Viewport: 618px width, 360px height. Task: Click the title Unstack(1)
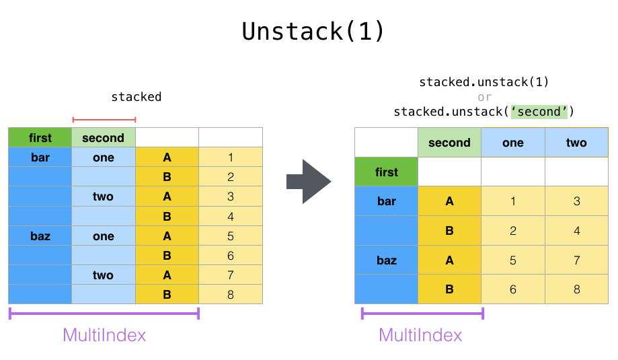pyautogui.click(x=313, y=32)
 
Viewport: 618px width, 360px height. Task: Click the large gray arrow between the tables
pyautogui.click(x=309, y=181)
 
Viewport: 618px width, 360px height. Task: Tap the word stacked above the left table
pyautogui.click(x=137, y=97)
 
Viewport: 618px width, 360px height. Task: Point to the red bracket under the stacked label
pyautogui.click(x=104, y=120)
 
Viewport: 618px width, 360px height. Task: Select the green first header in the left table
pyautogui.click(x=40, y=138)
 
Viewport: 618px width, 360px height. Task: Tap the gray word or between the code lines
pyautogui.click(x=484, y=97)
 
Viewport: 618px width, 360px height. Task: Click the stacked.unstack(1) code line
pyautogui.click(x=484, y=82)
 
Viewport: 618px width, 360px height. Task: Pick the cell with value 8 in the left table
pyautogui.click(x=231, y=294)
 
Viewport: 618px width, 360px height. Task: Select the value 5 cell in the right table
pyautogui.click(x=513, y=260)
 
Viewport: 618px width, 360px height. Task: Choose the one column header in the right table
pyautogui.click(x=513, y=143)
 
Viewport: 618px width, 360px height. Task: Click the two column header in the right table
pyautogui.click(x=576, y=143)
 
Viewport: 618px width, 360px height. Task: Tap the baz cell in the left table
pyautogui.click(x=40, y=236)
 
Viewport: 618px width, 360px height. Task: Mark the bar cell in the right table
pyautogui.click(x=387, y=201)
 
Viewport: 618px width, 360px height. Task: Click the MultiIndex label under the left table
pyautogui.click(x=104, y=335)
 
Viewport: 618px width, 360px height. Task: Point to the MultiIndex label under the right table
pyautogui.click(x=420, y=335)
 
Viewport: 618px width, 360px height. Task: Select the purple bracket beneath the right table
pyautogui.click(x=422, y=313)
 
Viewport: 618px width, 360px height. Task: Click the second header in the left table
pyautogui.click(x=104, y=138)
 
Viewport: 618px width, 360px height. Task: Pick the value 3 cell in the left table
pyautogui.click(x=231, y=196)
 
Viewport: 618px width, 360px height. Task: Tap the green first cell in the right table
pyautogui.click(x=387, y=172)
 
